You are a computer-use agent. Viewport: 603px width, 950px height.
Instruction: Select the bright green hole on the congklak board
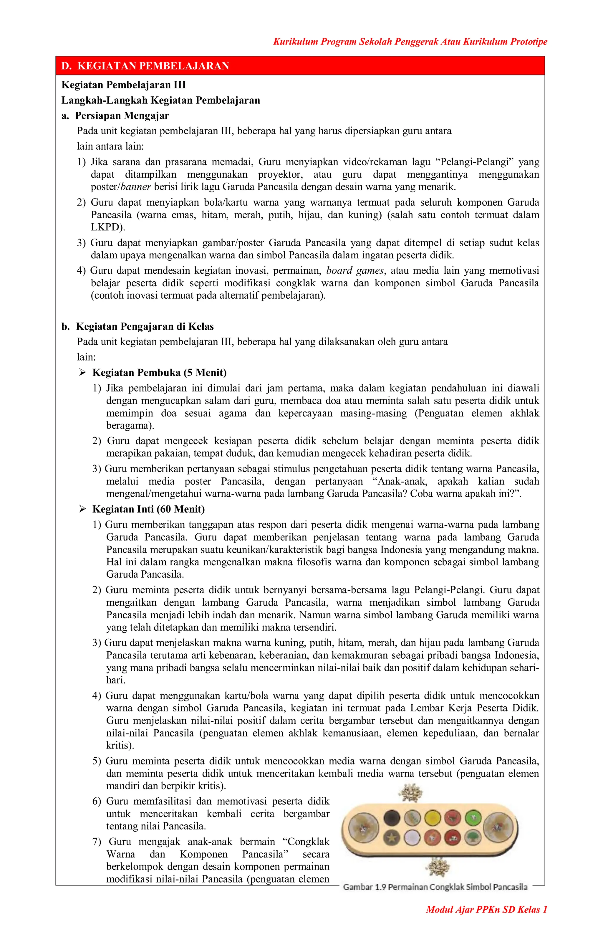473,818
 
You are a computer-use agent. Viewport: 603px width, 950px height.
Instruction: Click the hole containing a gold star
392,837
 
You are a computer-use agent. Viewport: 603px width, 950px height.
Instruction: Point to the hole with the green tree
473,837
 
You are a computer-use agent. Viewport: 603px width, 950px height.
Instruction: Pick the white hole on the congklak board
412,837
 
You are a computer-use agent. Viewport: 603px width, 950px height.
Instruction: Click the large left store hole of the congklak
364,828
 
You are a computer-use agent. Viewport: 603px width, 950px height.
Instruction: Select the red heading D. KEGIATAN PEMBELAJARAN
145,66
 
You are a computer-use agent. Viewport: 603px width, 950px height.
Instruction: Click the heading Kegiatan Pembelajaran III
123,85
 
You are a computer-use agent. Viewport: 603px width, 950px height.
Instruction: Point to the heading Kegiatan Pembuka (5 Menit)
159,372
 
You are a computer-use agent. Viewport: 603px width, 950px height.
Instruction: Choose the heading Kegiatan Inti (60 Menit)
148,509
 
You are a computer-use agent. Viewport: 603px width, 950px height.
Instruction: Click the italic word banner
136,186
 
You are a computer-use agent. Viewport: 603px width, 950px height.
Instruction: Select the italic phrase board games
354,271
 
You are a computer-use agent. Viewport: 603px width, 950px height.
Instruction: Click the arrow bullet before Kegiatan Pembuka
82,372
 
